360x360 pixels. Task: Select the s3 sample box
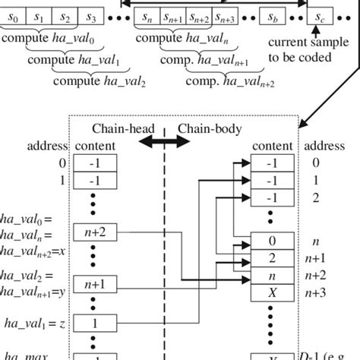click(x=91, y=15)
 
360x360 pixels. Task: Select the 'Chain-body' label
click(x=204, y=129)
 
